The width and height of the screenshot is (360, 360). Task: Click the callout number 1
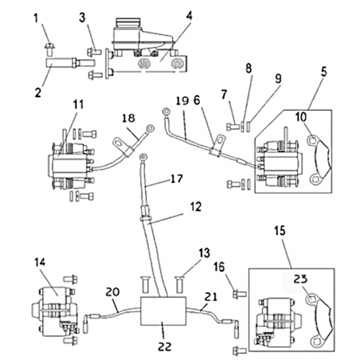(36, 18)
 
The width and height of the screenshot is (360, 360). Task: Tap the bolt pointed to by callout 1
(49, 49)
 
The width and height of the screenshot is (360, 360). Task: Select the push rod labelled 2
(71, 64)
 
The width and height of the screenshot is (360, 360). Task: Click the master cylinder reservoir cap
(127, 22)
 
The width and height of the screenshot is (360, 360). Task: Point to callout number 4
(189, 17)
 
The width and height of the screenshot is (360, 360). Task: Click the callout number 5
(323, 72)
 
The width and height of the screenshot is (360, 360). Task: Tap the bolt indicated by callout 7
(233, 127)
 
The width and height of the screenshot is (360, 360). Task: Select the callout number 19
(182, 101)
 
